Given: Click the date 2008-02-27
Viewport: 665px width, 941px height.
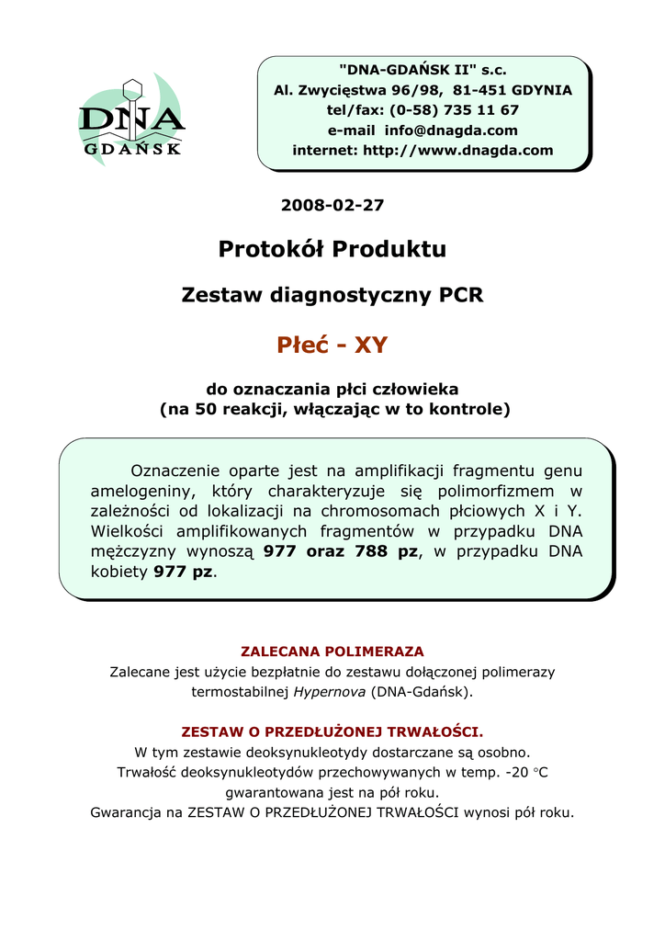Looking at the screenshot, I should (x=332, y=205).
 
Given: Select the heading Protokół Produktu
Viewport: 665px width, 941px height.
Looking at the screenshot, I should (x=332, y=249).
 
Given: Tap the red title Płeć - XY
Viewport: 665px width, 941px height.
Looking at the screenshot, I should (x=332, y=346).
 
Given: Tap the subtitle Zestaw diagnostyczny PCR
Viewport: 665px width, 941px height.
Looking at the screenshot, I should (x=332, y=295).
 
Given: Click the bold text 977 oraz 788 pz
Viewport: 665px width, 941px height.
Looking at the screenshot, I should (x=340, y=551).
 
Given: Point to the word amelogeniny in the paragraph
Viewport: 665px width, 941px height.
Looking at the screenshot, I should (x=136, y=491).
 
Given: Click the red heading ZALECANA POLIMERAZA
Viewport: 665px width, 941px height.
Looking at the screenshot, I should (x=332, y=652).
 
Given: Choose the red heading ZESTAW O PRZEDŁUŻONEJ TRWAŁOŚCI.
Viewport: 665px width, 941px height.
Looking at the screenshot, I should (x=332, y=732).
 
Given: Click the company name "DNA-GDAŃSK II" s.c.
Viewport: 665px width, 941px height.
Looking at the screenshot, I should (x=423, y=70).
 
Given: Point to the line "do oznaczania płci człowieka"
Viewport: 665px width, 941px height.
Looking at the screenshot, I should (x=332, y=390).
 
